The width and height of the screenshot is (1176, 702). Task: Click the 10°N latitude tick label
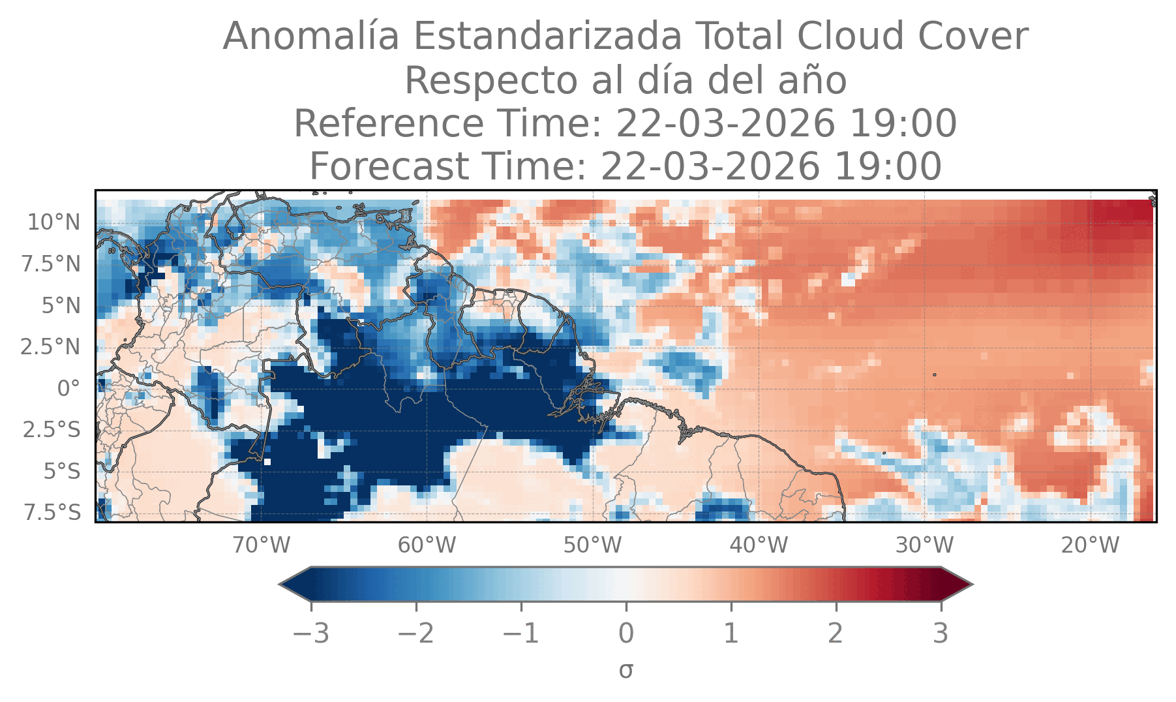53,222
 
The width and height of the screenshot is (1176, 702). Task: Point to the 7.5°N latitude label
50,264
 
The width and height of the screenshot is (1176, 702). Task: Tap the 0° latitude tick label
68,389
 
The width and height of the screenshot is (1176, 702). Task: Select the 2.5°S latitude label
52,430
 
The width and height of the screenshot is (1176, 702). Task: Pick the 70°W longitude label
262,545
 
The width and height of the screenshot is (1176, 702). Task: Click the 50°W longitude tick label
593,545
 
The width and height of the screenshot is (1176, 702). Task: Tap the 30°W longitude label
924,545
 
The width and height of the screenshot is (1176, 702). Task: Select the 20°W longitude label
1090,545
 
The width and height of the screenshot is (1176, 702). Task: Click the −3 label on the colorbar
311,633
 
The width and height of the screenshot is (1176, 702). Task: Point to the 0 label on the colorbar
626,633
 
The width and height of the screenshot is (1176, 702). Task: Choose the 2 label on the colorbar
836,633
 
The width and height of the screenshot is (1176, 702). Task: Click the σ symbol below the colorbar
626,670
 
